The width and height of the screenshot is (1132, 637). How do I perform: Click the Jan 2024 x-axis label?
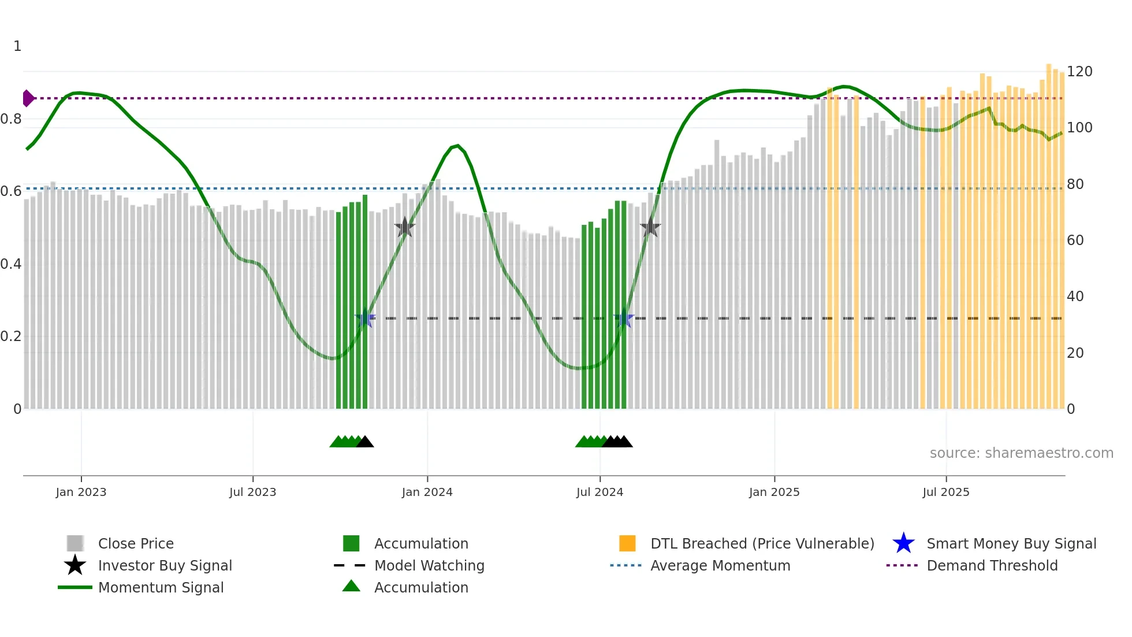pyautogui.click(x=427, y=492)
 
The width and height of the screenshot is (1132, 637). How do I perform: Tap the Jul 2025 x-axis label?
pyautogui.click(x=945, y=492)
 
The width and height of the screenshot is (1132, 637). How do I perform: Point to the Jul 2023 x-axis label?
pyautogui.click(x=252, y=492)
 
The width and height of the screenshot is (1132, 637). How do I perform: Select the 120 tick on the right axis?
pyautogui.click(x=1079, y=72)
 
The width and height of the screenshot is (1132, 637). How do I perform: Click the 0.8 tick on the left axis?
pyautogui.click(x=11, y=119)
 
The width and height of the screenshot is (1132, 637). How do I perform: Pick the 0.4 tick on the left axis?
pyautogui.click(x=11, y=264)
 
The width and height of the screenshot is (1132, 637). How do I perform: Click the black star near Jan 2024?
pyautogui.click(x=405, y=227)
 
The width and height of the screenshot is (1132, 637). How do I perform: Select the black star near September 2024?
pyautogui.click(x=650, y=227)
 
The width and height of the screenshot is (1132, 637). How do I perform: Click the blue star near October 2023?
pyautogui.click(x=365, y=318)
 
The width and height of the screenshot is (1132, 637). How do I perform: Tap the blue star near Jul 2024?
pyautogui.click(x=624, y=318)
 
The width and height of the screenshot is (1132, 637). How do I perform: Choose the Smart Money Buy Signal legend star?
pyautogui.click(x=903, y=543)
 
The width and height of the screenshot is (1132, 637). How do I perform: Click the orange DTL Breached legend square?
pyautogui.click(x=627, y=543)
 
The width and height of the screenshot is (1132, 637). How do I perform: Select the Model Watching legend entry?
pyautogui.click(x=429, y=565)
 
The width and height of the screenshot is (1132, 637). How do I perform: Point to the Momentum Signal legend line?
pyautogui.click(x=75, y=587)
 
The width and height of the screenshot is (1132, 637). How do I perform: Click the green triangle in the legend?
pyautogui.click(x=351, y=587)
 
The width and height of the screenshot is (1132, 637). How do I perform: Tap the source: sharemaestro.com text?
pyautogui.click(x=1021, y=453)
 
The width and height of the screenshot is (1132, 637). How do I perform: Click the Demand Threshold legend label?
pyautogui.click(x=992, y=565)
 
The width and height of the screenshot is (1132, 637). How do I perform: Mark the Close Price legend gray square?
pyautogui.click(x=75, y=543)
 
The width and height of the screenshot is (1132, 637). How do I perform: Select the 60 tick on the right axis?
pyautogui.click(x=1075, y=240)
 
